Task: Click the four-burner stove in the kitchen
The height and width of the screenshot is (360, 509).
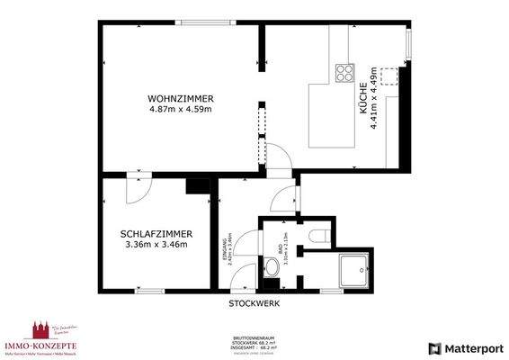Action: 344,72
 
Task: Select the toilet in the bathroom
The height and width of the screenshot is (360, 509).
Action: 314,236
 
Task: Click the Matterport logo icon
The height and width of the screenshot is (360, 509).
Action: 435,347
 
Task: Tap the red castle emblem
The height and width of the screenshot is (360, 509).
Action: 40,328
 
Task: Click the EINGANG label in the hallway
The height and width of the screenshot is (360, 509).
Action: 226,247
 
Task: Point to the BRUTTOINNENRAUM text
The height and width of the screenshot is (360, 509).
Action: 254,337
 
